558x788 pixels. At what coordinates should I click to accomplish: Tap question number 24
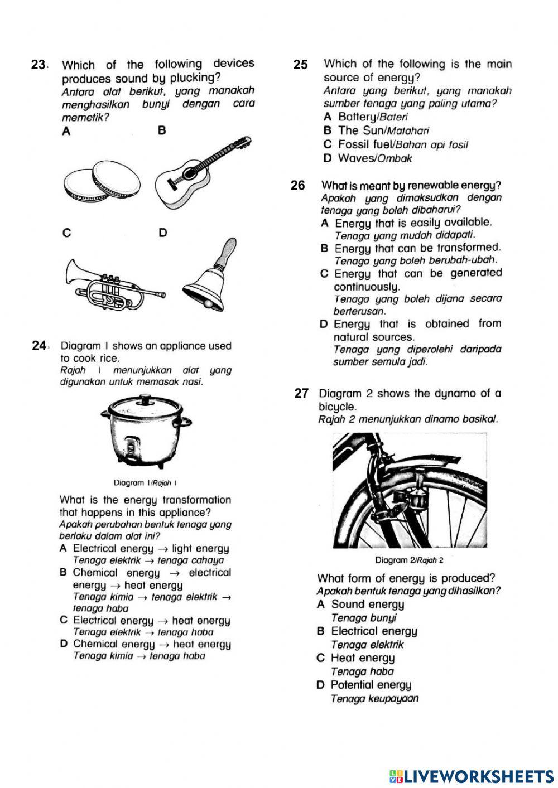point(39,346)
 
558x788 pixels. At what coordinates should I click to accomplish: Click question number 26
point(298,185)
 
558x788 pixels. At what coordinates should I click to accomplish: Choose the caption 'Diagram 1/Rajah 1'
point(145,483)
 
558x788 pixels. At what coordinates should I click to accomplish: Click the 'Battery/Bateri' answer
point(373,117)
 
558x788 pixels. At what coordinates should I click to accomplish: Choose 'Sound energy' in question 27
point(367,605)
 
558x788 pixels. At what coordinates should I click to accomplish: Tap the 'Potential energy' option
point(371,685)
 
